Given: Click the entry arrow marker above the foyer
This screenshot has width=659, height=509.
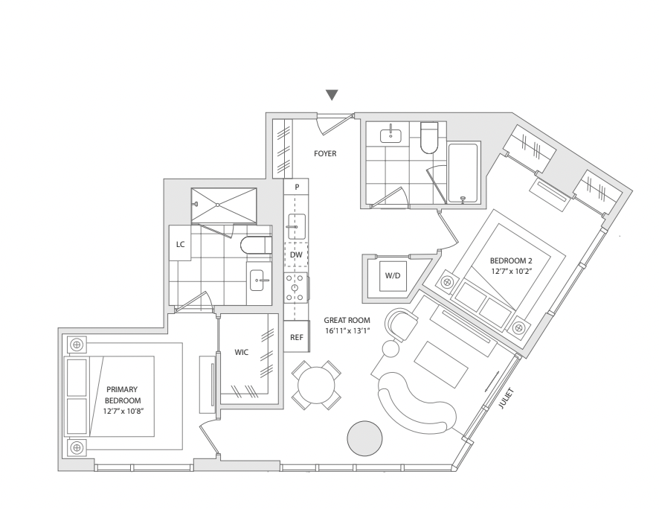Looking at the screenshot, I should (332, 95).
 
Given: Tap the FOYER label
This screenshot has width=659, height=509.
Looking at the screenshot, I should (325, 154).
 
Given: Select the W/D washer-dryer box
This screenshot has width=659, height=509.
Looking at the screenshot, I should (393, 276).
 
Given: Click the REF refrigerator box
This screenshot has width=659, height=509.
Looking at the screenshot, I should (297, 337).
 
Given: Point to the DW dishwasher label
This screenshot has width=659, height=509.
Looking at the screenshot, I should (296, 255).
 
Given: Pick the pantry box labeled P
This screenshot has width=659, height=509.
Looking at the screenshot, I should (296, 188).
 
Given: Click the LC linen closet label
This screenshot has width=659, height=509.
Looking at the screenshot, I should (180, 243).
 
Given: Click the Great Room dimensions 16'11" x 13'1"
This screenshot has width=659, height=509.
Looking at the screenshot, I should (347, 331).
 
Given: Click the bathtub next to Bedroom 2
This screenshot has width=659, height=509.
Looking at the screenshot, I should (463, 173).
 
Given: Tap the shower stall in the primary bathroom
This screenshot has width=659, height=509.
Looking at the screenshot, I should (223, 205).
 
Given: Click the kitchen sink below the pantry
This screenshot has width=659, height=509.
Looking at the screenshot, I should (296, 225).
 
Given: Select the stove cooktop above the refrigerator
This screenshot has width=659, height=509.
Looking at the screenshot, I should (296, 287).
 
